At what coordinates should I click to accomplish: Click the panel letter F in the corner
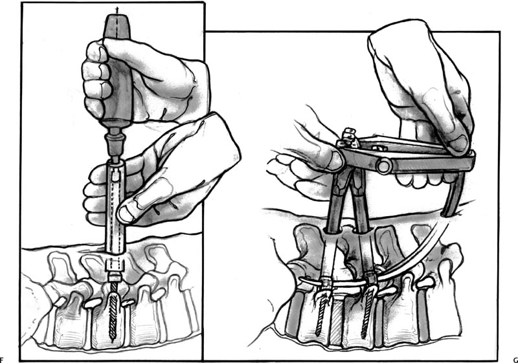click(x=1, y=360)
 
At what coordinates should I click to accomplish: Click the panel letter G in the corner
click(x=515, y=360)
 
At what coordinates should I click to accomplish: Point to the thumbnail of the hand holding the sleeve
click(x=126, y=214)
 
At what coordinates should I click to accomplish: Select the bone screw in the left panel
click(x=113, y=309)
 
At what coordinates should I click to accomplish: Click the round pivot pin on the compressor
click(x=383, y=166)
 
